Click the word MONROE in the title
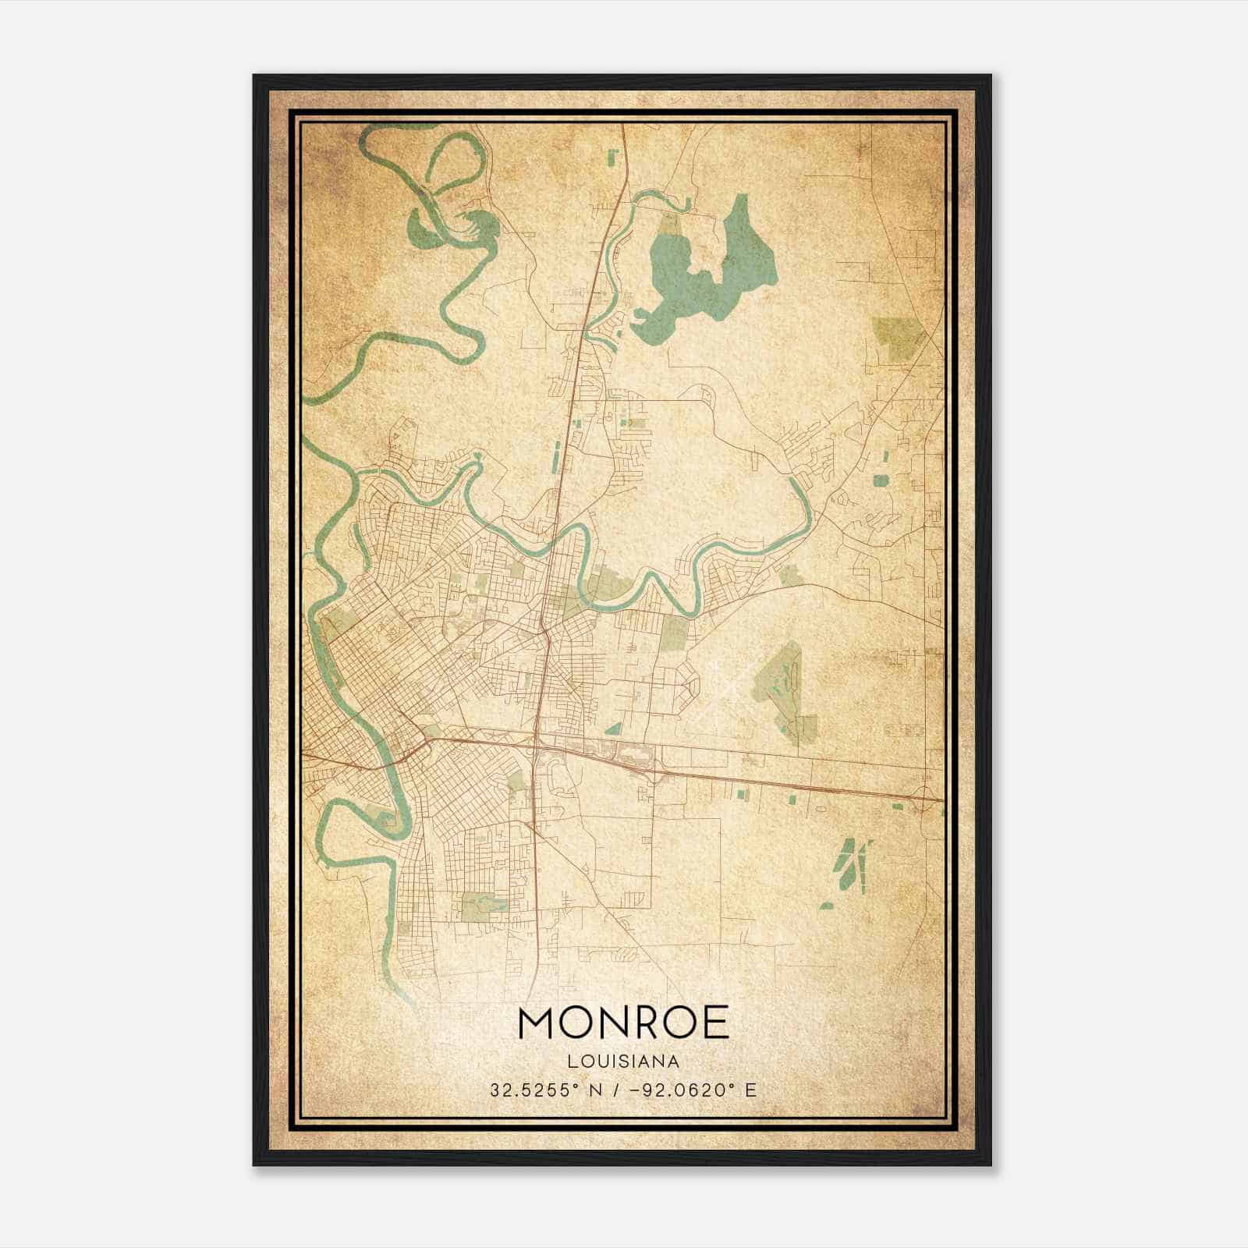(622, 1023)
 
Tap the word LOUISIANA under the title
(623, 1062)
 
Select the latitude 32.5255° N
(542, 1090)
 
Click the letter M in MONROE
(537, 1023)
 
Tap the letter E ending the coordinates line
(750, 1090)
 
